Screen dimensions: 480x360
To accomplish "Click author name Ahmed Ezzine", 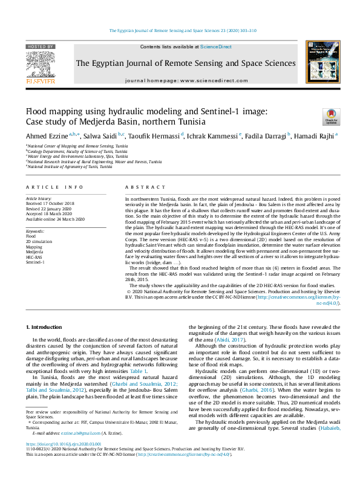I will [46, 135].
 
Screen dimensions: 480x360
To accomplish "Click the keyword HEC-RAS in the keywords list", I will [34, 257].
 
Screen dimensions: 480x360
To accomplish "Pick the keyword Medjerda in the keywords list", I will [35, 252].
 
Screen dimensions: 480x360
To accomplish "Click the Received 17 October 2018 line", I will [50, 203].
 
